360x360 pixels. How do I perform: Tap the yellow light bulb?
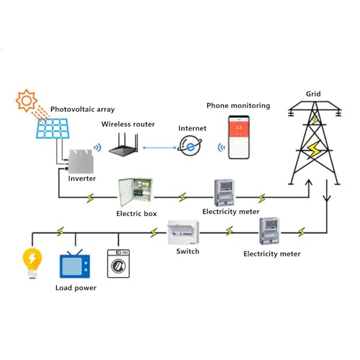32,261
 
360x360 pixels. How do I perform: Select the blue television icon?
73,265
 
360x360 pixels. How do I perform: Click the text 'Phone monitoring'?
238,106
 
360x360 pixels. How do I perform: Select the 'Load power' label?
76,288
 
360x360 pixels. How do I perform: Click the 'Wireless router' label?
127,124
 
